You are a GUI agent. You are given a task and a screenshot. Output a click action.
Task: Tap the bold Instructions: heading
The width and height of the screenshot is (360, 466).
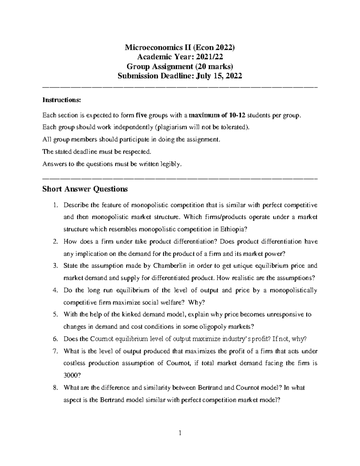point(62,100)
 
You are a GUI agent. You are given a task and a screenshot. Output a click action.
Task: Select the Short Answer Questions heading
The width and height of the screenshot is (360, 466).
point(85,189)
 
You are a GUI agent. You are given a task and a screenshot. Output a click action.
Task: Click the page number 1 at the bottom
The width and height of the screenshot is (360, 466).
point(180,433)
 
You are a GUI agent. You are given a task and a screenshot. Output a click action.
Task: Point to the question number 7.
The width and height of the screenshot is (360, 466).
point(55,351)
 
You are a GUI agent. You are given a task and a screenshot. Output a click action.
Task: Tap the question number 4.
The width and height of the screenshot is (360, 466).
point(55,290)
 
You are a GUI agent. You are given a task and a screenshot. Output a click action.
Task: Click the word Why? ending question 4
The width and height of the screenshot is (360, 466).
point(196,302)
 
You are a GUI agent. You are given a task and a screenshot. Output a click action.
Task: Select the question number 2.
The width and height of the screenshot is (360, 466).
point(55,242)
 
